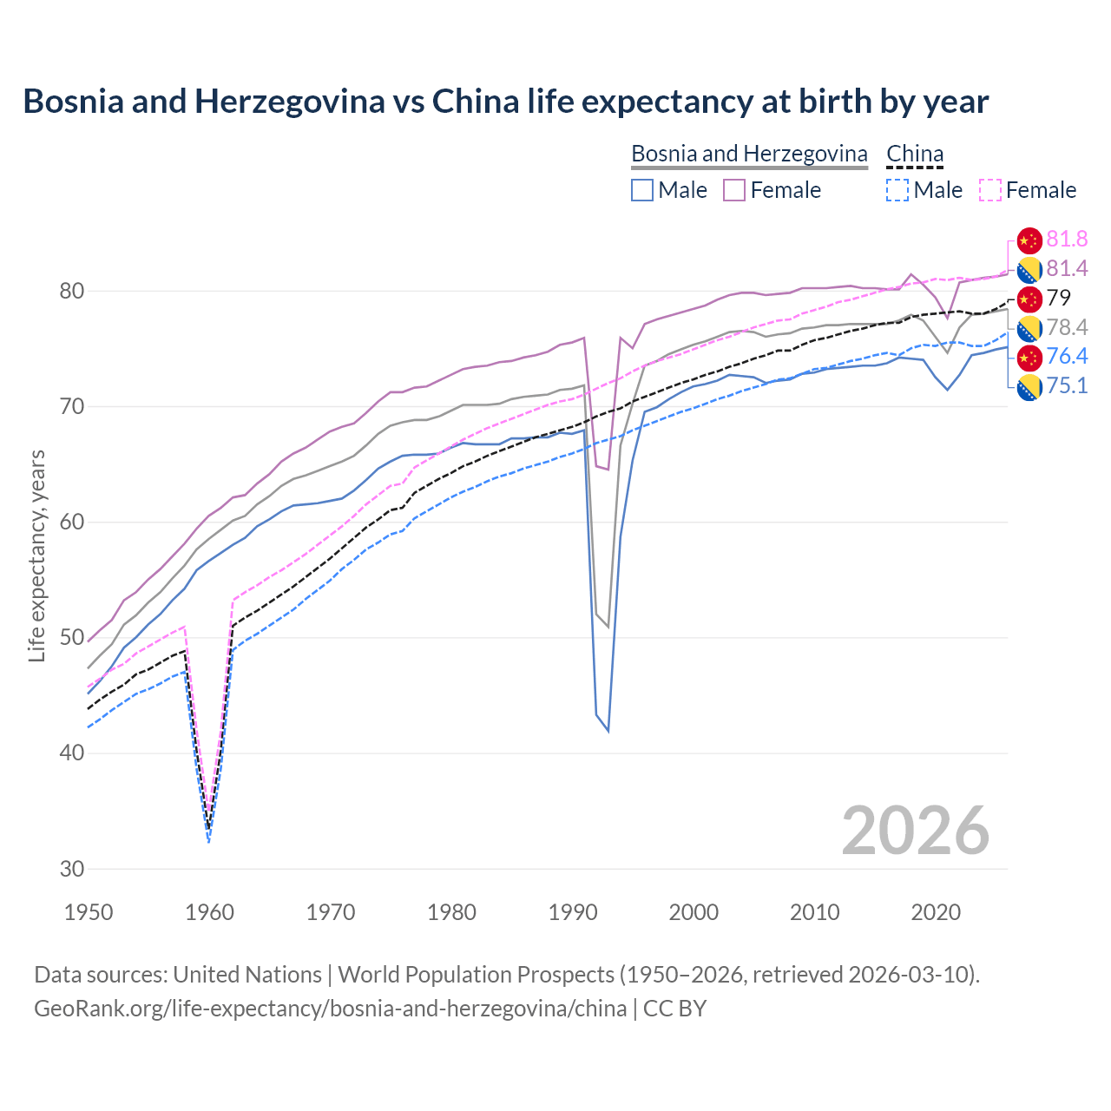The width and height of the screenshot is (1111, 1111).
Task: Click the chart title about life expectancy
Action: [505, 102]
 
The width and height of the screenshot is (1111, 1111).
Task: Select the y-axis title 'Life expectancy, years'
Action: [36, 555]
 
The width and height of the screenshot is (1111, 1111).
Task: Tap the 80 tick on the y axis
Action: [72, 291]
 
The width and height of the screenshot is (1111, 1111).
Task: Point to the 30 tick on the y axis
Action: [72, 869]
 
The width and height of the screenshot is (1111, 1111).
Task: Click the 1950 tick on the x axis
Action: [89, 912]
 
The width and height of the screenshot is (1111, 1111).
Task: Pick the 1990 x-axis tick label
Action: [573, 912]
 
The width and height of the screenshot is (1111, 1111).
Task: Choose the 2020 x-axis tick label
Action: [936, 912]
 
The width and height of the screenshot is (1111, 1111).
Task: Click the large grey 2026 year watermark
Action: [915, 831]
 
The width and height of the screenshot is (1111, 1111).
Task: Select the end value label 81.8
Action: [1067, 240]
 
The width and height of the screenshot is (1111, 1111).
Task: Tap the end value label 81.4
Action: [1067, 269]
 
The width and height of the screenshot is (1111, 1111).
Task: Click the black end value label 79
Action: [1059, 299]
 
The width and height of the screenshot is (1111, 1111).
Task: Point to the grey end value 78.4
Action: [1067, 327]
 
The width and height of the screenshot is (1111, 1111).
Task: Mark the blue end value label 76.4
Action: [1067, 357]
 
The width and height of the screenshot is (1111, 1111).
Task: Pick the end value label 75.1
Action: [1067, 386]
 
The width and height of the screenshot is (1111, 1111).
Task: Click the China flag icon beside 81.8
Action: [1029, 240]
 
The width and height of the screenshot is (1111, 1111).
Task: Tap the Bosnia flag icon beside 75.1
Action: [1029, 387]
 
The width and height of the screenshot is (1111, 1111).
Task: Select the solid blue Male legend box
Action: [642, 190]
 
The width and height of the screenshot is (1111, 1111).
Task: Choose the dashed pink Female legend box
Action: [990, 190]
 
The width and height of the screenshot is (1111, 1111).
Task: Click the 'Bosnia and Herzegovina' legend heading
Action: [749, 154]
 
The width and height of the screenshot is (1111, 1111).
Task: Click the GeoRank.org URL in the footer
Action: [330, 1009]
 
